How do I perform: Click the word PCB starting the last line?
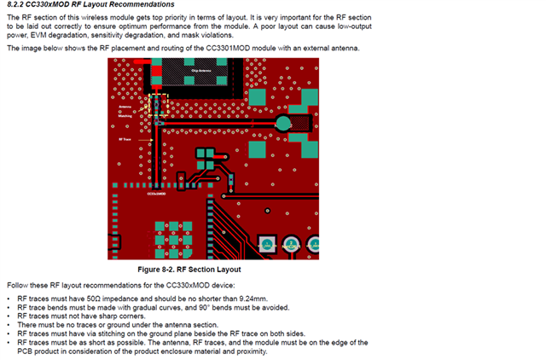19,351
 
